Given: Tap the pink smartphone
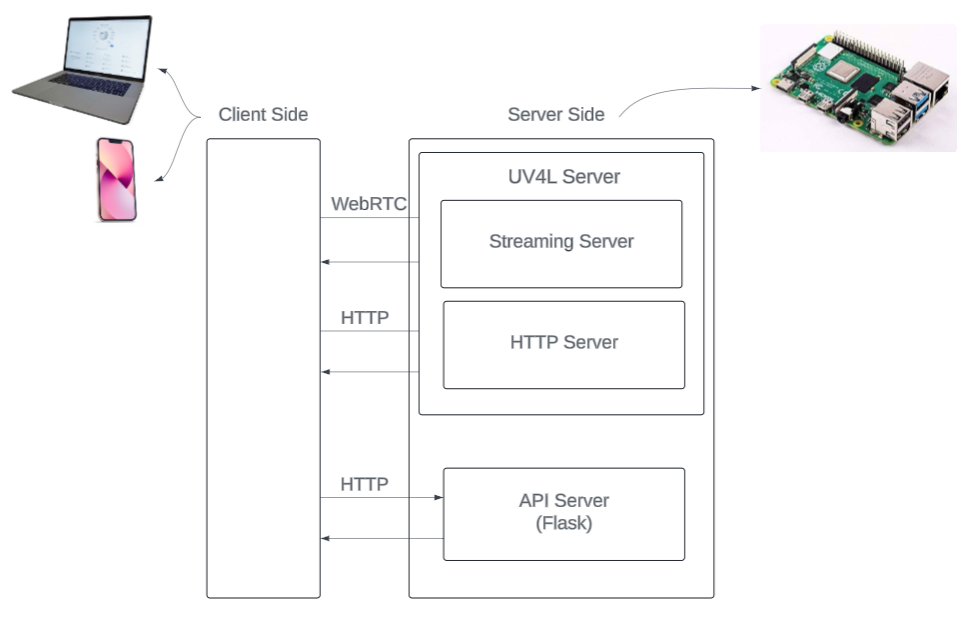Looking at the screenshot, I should click(116, 179).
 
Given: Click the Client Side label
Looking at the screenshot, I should click(263, 114).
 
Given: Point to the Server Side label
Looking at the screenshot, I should click(555, 114).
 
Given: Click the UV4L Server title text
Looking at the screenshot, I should click(563, 177).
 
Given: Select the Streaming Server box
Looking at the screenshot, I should click(561, 243).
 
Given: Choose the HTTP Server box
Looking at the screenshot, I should click(563, 344).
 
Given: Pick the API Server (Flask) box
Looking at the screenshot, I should click(563, 513).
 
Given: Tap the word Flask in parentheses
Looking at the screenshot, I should click(563, 523).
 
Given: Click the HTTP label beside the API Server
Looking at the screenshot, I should click(364, 485).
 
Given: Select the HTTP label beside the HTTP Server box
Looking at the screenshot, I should click(364, 319).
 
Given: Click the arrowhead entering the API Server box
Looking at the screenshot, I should click(438, 497).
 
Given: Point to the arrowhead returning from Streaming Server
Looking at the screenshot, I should click(325, 263).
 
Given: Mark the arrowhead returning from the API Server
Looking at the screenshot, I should click(325, 540).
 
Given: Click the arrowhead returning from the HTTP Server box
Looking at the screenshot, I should click(325, 372).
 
